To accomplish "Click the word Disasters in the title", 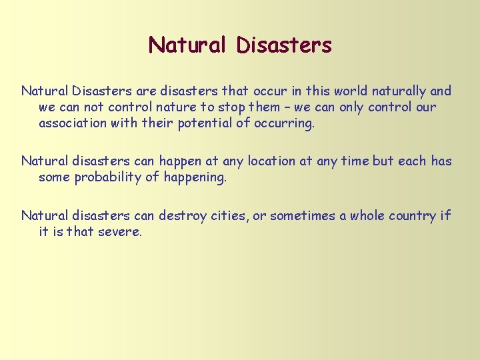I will (x=284, y=45).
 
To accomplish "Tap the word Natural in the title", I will (x=189, y=45).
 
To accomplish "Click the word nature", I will (x=180, y=107).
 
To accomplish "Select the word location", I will (x=271, y=161).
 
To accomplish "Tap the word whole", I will (x=367, y=215).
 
